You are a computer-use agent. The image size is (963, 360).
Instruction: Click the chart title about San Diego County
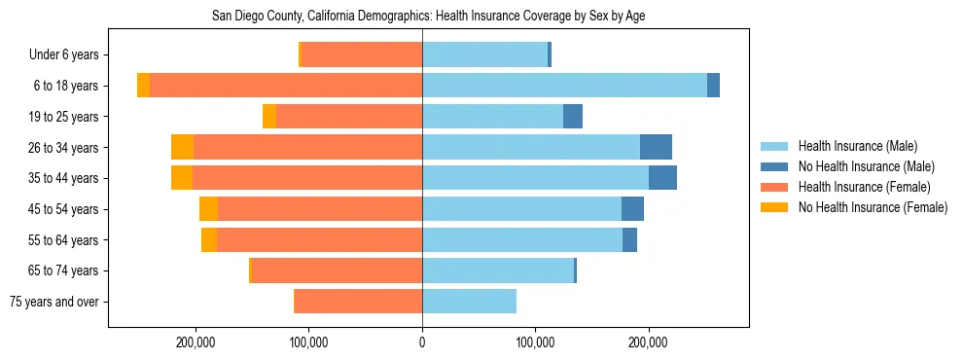(428, 16)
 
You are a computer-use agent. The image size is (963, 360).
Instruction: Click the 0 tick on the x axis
(422, 342)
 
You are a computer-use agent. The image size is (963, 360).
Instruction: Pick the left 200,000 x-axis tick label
(196, 342)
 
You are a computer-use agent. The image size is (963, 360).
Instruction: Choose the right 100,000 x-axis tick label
(535, 342)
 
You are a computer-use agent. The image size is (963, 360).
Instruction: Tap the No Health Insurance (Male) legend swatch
(776, 166)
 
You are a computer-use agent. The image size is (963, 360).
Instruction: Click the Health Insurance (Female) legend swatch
(776, 187)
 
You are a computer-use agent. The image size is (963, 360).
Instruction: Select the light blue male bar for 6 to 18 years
(564, 86)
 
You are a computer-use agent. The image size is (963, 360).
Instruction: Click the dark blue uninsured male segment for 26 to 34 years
(656, 147)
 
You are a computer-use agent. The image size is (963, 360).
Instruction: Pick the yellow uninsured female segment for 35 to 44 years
(182, 178)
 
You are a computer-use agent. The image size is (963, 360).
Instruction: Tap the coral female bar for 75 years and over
(358, 302)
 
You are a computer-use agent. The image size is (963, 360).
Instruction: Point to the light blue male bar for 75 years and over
(469, 302)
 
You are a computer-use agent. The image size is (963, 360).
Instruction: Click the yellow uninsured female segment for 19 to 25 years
(269, 117)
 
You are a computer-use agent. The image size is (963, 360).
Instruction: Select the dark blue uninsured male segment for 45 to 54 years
(632, 209)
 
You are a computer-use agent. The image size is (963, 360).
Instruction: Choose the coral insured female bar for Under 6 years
(362, 54)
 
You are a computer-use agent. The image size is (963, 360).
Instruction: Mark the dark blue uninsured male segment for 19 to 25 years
(573, 117)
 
